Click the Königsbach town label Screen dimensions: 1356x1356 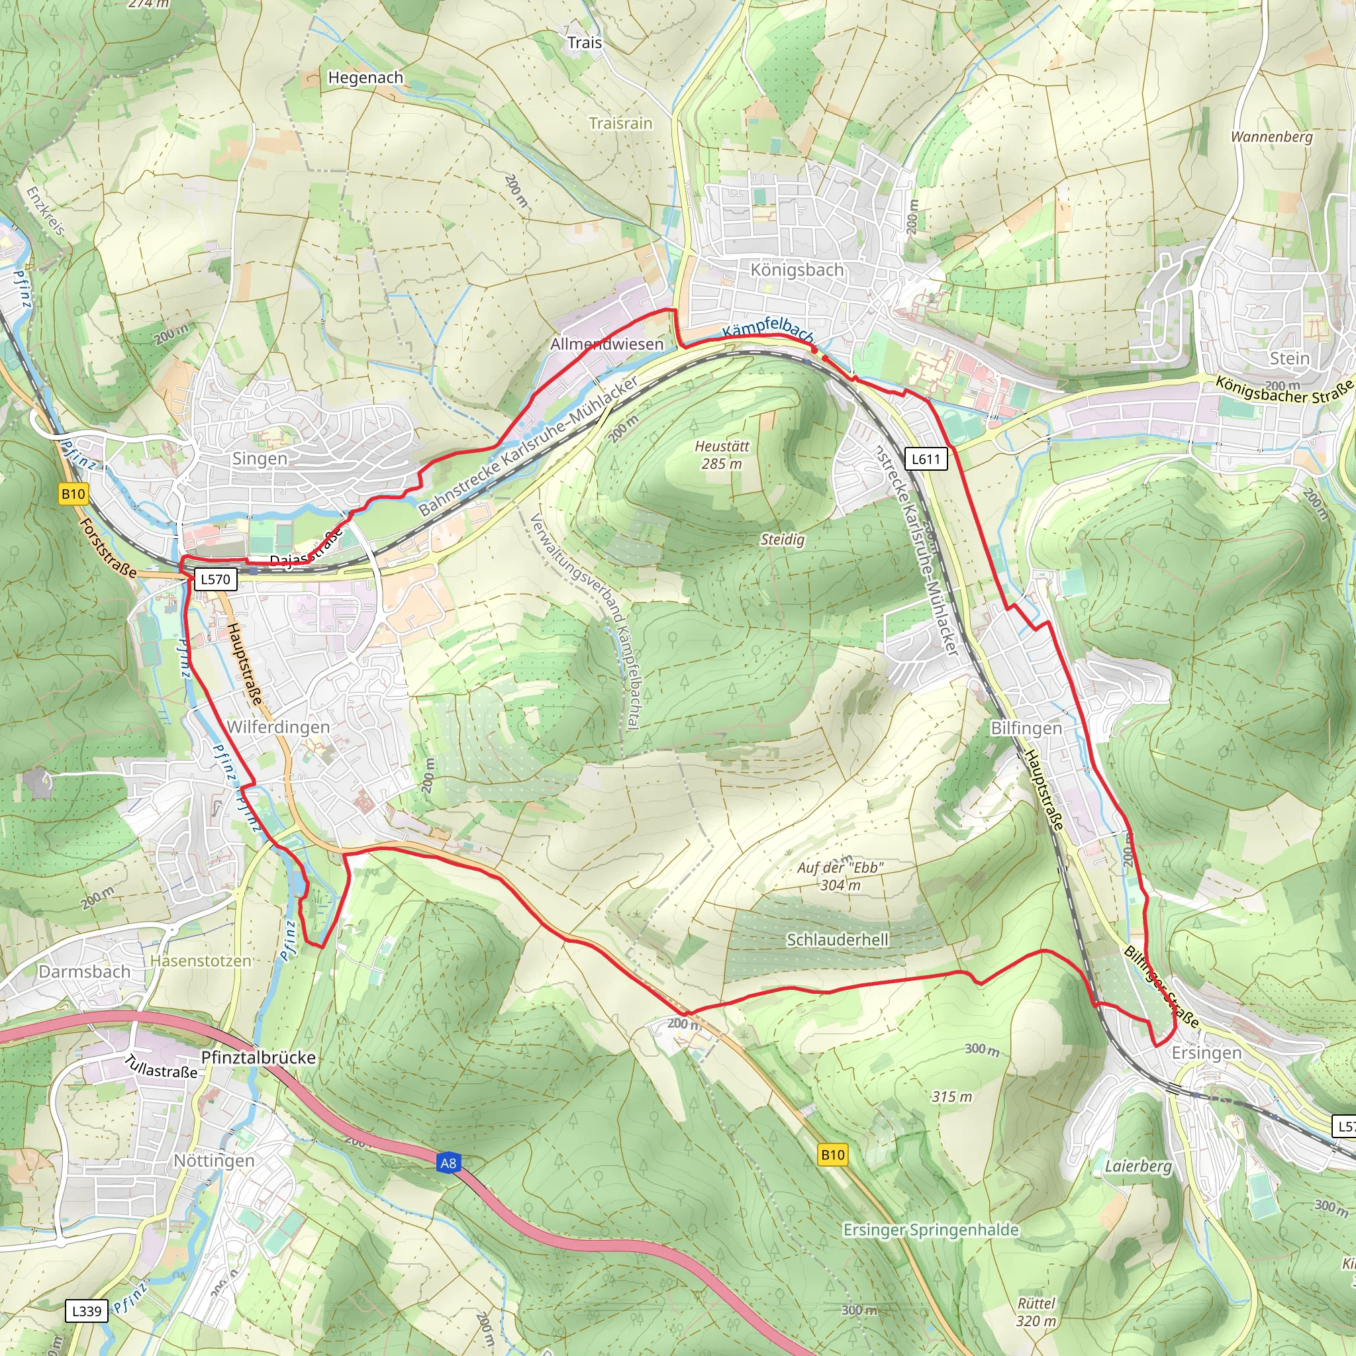(x=797, y=270)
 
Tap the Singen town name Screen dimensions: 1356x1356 (x=260, y=459)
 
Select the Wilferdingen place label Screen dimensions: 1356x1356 (x=278, y=727)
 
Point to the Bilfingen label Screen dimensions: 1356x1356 (x=1026, y=728)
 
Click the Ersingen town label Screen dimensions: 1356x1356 (x=1206, y=1053)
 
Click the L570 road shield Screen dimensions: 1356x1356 (x=215, y=579)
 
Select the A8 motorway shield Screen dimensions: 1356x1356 (x=448, y=1163)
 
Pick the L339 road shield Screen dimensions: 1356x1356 (x=87, y=1310)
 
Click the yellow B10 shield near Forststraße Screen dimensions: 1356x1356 (x=73, y=494)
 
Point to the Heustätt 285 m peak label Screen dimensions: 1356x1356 (x=722, y=455)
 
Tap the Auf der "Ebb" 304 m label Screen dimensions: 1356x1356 (x=840, y=876)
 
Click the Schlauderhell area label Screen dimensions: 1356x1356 (x=838, y=940)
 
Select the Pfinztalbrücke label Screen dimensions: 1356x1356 (x=258, y=1057)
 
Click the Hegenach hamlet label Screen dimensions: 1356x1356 (x=365, y=78)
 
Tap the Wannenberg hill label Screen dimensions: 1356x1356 (x=1271, y=137)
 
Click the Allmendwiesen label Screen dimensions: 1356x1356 (x=606, y=344)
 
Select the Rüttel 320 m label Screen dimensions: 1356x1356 (x=1036, y=1312)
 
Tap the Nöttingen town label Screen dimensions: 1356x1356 (x=214, y=1161)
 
